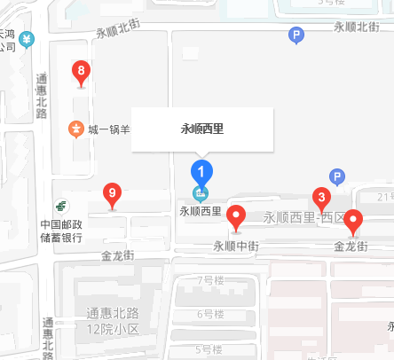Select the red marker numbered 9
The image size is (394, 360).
coord(112,194)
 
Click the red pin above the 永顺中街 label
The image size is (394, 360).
coord(236,215)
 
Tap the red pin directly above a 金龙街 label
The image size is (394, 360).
coord(352,220)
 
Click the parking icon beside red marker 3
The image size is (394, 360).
coord(336,176)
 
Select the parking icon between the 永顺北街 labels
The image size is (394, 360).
coord(296,35)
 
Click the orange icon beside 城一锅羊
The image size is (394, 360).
coord(77,129)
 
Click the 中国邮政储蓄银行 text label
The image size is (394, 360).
coord(61,231)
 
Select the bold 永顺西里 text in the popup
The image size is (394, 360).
coord(202,129)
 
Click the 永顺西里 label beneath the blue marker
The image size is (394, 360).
coord(201,211)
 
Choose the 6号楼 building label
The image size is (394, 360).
coord(209,314)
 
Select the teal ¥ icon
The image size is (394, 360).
coord(28,40)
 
